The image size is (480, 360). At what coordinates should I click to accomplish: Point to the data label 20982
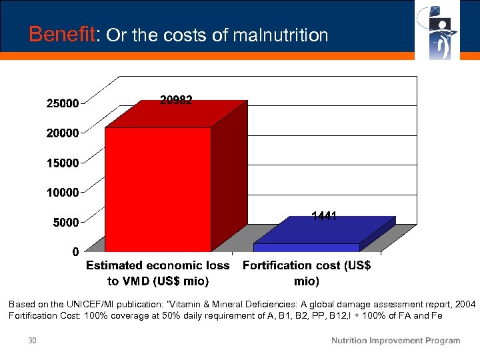pyautogui.click(x=176, y=100)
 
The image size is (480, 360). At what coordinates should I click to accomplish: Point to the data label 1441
pyautogui.click(x=324, y=216)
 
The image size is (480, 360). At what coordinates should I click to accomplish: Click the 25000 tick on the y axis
pyautogui.click(x=62, y=103)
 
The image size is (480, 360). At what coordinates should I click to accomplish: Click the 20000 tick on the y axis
pyautogui.click(x=62, y=133)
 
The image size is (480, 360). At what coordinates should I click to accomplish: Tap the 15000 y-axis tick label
pyautogui.click(x=62, y=163)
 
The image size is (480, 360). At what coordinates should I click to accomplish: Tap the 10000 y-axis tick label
pyautogui.click(x=62, y=192)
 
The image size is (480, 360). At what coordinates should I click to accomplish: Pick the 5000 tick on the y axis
pyautogui.click(x=65, y=222)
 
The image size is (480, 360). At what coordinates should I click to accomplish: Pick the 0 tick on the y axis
pyautogui.click(x=75, y=251)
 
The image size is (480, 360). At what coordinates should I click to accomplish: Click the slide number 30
pyautogui.click(x=32, y=341)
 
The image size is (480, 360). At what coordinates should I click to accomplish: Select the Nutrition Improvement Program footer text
pyautogui.click(x=396, y=341)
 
